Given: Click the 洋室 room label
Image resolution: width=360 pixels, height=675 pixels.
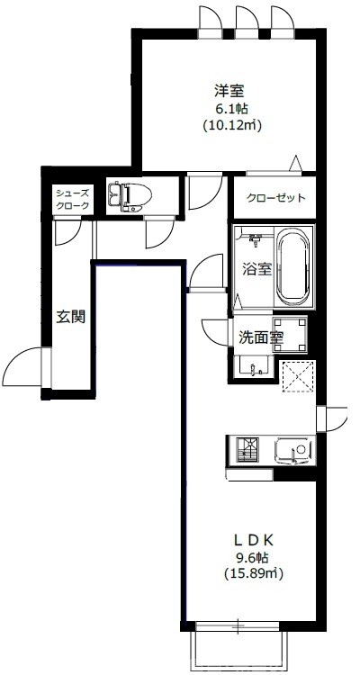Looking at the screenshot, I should [x=230, y=90].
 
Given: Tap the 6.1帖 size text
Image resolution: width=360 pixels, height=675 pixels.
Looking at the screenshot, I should [x=230, y=108].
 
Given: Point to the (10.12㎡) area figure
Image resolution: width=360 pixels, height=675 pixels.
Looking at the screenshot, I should [x=231, y=126].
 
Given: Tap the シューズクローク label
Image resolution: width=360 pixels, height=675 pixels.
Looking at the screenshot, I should [x=72, y=200].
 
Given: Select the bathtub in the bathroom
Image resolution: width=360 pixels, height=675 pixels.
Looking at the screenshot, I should [x=292, y=266].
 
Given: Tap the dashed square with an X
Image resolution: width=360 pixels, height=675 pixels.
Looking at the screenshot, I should [x=296, y=375].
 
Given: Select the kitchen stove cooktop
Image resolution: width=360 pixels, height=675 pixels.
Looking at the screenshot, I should [x=247, y=448].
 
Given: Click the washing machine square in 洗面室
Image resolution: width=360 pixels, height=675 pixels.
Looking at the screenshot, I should [x=290, y=331].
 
